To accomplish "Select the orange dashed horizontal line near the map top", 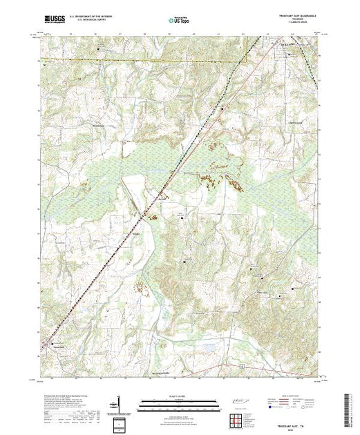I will coord(138,60).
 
